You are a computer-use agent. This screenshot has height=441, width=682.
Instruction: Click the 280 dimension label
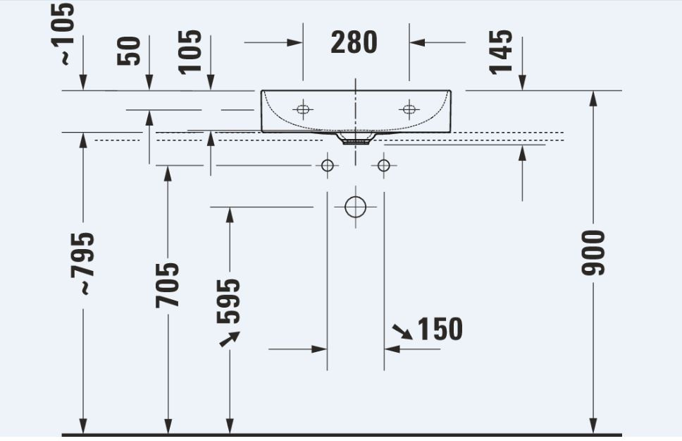coord(354,42)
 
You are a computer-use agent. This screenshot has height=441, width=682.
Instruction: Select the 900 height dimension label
coord(593,253)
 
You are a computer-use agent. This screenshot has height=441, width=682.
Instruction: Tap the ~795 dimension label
coord(82,264)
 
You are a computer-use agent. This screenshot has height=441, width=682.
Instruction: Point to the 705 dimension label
coord(167,285)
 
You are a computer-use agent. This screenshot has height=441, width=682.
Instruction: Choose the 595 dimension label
coord(228,301)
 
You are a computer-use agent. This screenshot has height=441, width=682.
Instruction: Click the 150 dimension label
coord(440,329)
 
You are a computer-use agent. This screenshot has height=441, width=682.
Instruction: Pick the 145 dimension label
coord(501,52)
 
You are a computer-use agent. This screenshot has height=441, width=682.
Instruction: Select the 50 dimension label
coord(129,51)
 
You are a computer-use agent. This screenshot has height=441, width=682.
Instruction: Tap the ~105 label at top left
coord(61,34)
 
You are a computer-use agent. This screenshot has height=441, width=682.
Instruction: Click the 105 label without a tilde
coord(190,52)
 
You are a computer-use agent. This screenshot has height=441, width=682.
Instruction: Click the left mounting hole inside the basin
coord(303,109)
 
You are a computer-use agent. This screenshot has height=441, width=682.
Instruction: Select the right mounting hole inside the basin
coord(409,109)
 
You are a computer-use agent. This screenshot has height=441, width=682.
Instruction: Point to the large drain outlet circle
coord(355,207)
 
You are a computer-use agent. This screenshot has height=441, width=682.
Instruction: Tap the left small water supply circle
coord(327,166)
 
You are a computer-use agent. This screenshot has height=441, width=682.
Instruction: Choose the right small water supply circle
coord(383,166)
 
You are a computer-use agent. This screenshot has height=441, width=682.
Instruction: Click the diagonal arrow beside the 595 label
coord(229,339)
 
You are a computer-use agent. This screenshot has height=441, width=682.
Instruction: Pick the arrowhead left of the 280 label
coord(294,42)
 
